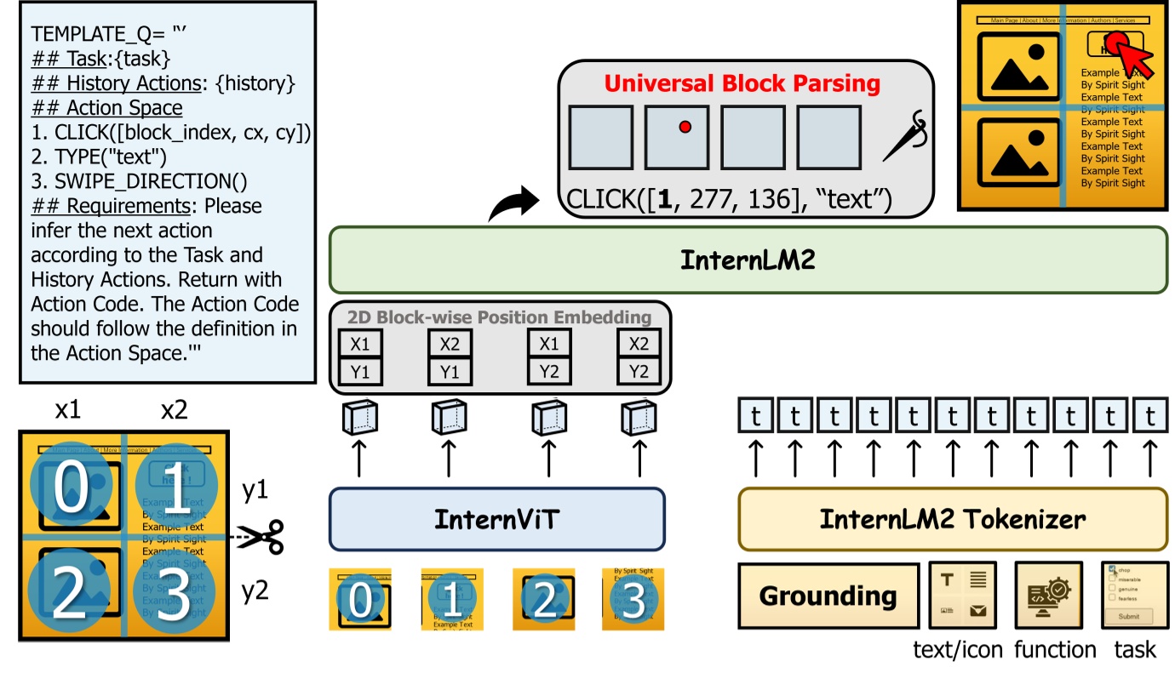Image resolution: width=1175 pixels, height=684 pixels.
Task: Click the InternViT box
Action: point(496,519)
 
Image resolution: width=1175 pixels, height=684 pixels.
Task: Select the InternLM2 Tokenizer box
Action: point(952,519)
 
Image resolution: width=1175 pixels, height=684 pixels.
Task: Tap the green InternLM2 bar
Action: point(748,259)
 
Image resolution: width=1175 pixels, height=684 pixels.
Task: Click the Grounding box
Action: point(828,596)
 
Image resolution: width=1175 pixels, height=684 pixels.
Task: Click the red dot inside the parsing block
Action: point(684,127)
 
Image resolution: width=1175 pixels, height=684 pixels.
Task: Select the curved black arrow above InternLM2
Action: point(514,204)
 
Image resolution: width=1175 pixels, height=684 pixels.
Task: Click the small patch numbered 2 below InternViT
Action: point(543,600)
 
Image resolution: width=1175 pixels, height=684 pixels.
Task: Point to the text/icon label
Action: point(956,650)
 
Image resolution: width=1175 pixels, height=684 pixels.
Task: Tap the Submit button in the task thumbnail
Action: point(1128,616)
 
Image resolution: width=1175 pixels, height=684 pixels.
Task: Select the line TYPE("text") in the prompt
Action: point(99,157)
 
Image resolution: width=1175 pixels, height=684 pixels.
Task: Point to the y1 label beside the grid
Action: point(255,492)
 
